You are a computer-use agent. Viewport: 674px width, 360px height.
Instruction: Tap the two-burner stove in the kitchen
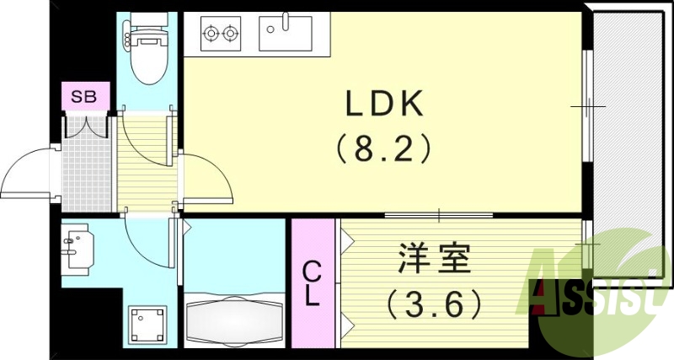click(219, 35)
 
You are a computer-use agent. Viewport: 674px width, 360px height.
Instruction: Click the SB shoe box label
click(83, 96)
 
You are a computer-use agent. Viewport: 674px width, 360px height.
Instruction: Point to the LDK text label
click(384, 105)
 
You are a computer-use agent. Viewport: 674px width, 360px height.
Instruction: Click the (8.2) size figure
click(384, 150)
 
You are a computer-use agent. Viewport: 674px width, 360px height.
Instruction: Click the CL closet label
click(312, 284)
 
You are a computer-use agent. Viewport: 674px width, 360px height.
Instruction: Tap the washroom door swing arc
click(143, 240)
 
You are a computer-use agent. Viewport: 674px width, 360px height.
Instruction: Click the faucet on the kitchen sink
click(286, 20)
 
